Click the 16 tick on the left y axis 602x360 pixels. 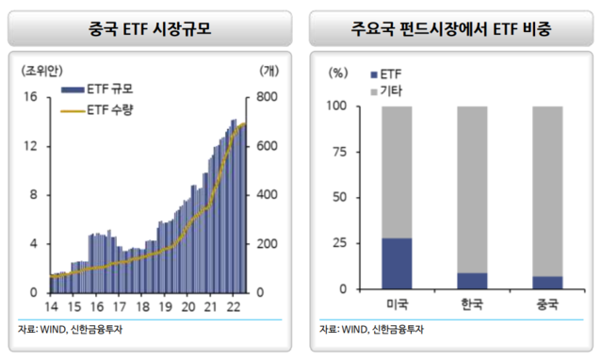pos(30,97)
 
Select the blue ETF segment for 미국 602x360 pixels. pos(397,263)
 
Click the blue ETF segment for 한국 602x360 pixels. pos(472,280)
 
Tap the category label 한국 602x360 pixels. pos(472,305)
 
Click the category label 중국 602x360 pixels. pos(547,305)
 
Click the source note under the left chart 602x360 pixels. pos(72,329)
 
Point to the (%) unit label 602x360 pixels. pos(336,72)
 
